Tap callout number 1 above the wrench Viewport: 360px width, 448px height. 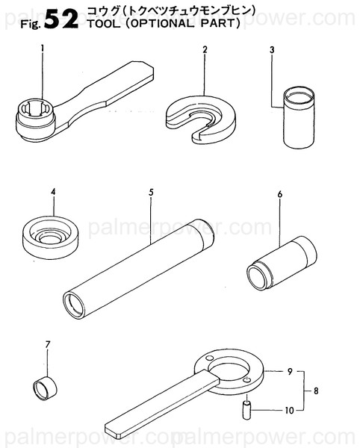coord(43,49)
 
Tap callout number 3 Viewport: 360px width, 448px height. coord(273,50)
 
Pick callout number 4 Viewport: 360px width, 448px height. coord(53,193)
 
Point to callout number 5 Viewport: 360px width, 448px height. coord(151,193)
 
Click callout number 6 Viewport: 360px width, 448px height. coord(279,196)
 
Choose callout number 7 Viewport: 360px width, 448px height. coord(48,344)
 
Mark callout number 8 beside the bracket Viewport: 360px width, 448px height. coord(315,390)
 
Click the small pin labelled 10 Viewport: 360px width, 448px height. coord(246,409)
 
